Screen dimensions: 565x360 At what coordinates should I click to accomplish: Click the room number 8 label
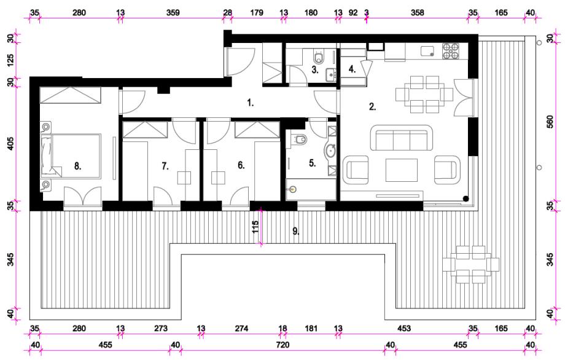click(78, 166)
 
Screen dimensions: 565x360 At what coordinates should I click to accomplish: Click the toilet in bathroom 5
click(299, 139)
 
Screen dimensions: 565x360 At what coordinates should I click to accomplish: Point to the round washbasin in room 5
click(331, 151)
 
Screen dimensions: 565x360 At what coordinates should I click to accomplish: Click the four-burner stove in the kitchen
click(451, 51)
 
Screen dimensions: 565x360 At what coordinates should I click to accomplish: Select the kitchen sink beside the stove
click(429, 50)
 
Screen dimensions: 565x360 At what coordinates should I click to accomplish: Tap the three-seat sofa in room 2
click(402, 138)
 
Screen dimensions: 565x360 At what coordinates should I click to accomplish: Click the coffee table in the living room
click(402, 170)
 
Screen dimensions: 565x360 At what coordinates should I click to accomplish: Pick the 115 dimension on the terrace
click(255, 227)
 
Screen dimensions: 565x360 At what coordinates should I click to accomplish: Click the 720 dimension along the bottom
click(282, 345)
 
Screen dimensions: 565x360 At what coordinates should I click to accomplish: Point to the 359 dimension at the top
click(173, 13)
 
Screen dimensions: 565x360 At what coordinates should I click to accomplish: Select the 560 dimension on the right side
click(550, 122)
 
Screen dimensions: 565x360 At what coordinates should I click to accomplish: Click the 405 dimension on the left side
click(11, 143)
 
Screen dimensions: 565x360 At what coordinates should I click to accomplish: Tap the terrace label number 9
click(296, 232)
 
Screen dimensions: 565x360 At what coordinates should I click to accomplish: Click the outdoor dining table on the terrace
click(471, 264)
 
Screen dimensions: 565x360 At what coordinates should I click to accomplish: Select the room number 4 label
click(352, 69)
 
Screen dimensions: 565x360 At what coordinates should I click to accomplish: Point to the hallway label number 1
click(251, 103)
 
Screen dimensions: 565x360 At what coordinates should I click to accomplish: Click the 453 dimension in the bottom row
click(404, 328)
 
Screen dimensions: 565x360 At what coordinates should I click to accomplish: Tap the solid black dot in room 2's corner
click(466, 198)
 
